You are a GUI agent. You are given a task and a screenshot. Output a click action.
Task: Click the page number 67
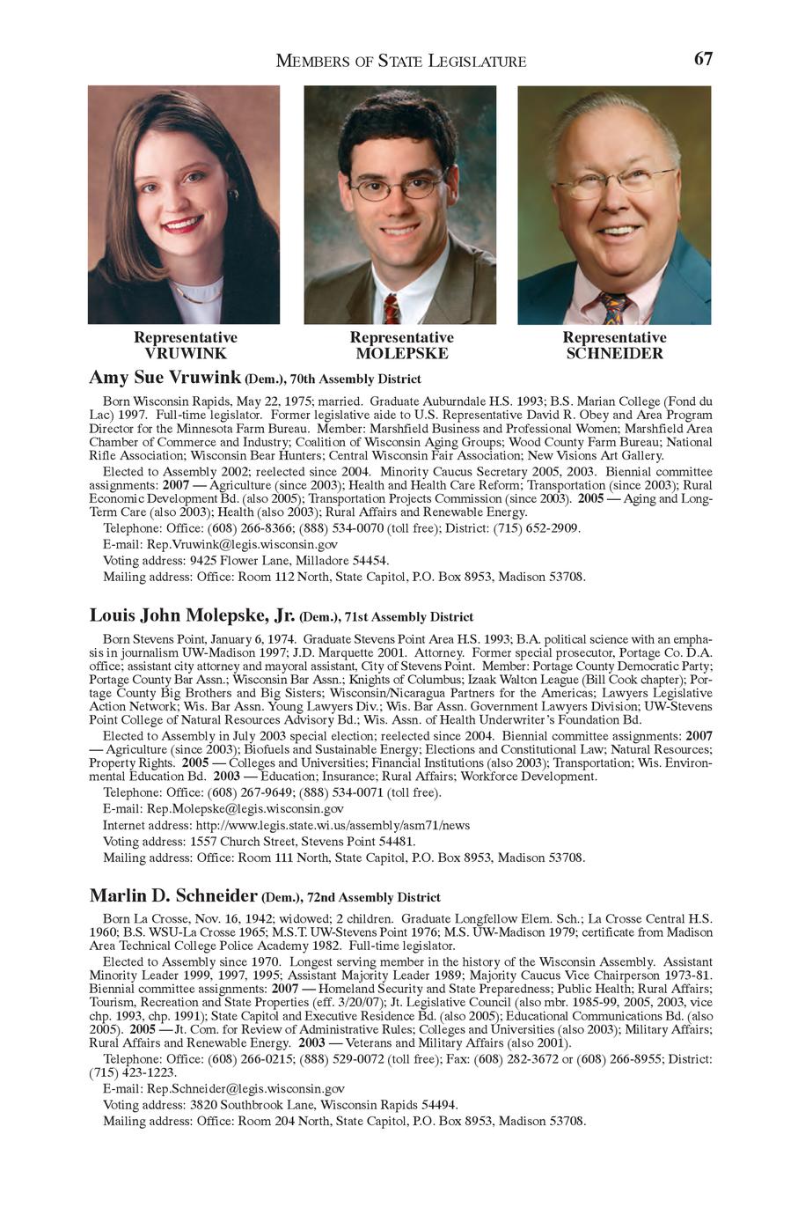click(703, 59)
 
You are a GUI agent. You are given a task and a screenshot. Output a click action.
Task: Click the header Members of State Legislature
click(401, 61)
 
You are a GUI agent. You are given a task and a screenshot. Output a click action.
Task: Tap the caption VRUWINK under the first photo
click(185, 354)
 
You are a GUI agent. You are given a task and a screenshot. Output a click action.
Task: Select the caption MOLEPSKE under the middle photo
click(401, 354)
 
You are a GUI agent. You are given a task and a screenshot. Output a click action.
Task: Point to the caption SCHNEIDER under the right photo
click(614, 354)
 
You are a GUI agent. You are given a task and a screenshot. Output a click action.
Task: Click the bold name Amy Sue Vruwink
click(165, 378)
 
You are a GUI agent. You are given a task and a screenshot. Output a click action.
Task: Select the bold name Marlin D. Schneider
click(173, 896)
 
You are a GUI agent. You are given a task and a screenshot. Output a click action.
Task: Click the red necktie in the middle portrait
click(392, 310)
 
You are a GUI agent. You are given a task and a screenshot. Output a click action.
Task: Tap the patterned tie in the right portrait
click(614, 309)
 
